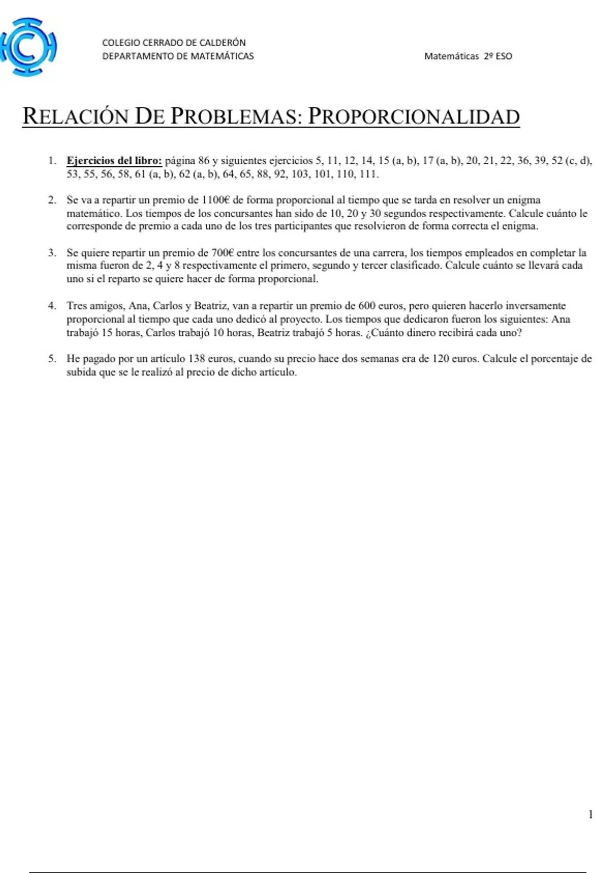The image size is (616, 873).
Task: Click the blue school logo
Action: (28, 47)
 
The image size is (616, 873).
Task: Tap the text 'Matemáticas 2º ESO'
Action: (468, 56)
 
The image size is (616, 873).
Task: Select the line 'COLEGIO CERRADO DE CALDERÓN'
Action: (174, 43)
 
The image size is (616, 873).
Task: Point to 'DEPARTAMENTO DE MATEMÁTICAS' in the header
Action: (178, 56)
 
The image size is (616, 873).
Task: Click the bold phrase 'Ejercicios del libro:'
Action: (114, 161)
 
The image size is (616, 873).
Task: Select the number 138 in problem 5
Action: (197, 359)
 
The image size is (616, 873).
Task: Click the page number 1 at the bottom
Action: (590, 814)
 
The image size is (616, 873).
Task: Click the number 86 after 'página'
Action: (203, 161)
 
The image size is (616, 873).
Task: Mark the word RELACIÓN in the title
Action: (75, 117)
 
